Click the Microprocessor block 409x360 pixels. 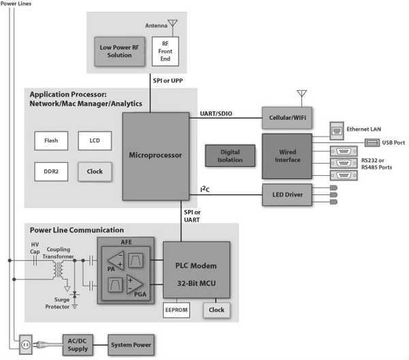155,155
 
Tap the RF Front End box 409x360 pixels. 166,50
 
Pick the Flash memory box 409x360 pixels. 51,141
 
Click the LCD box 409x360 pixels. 95,141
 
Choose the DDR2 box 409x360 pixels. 51,171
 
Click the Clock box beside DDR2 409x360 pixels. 95,171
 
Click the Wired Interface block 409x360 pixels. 287,156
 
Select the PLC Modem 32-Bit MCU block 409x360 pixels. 196,269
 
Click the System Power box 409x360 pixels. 131,344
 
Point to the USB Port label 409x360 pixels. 393,142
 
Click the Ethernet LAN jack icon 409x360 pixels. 336,129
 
